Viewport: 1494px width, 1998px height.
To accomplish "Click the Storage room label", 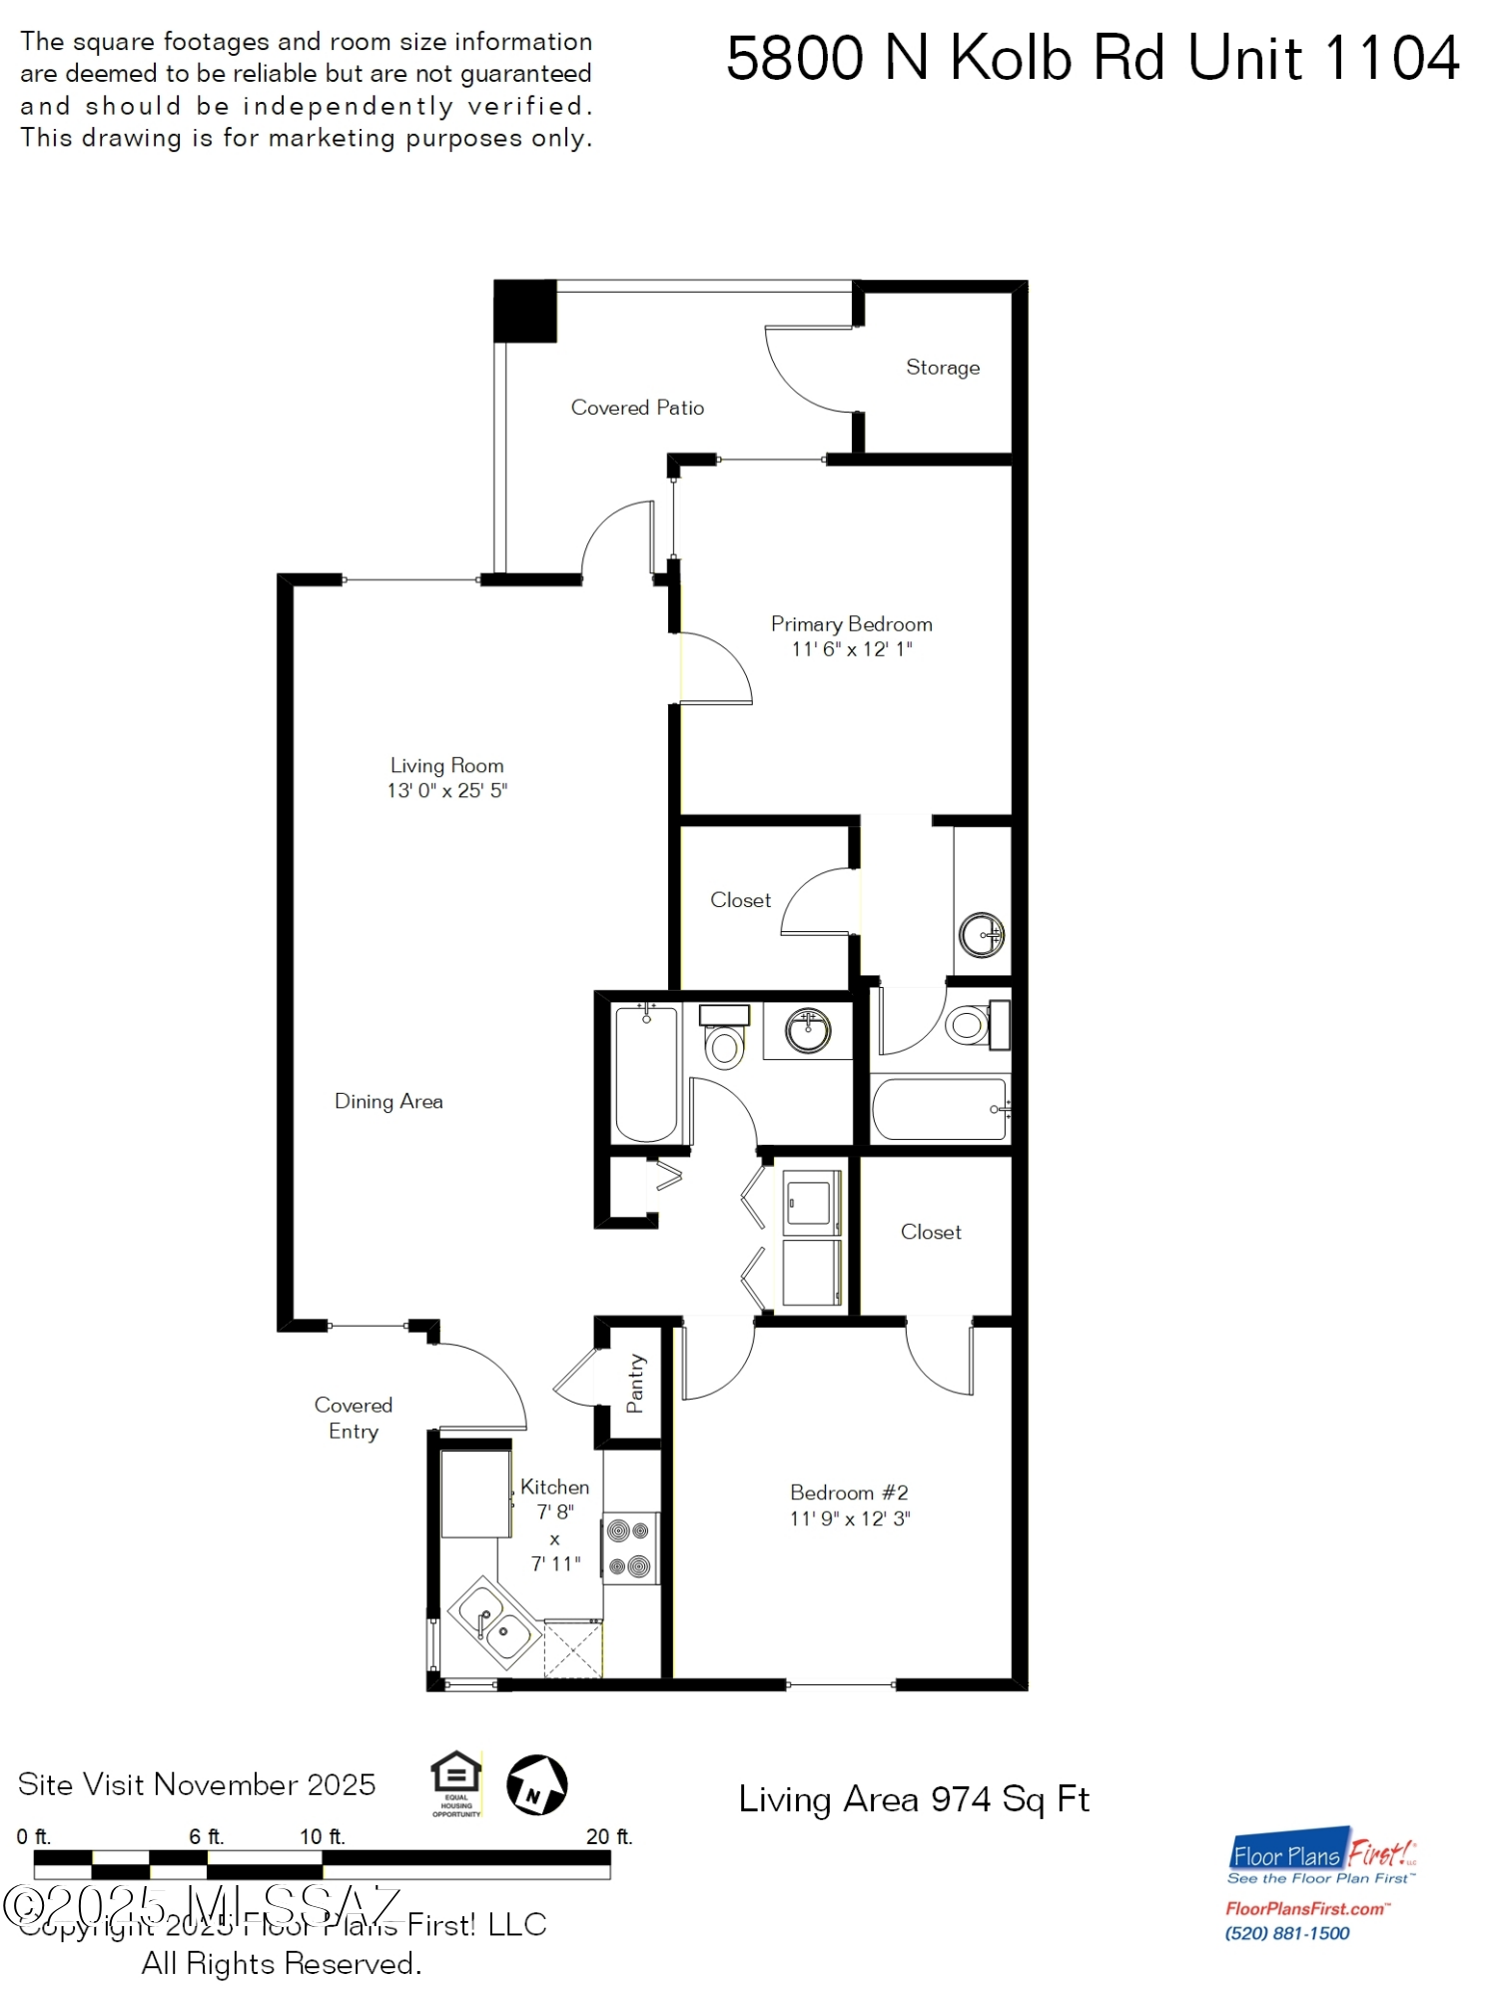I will [942, 368].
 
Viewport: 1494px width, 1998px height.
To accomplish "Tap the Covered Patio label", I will [637, 408].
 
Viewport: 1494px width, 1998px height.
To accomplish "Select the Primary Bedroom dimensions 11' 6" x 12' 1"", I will [851, 649].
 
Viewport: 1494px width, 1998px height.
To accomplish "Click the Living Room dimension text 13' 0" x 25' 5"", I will [447, 790].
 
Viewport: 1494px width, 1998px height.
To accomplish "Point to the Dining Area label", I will [388, 1101].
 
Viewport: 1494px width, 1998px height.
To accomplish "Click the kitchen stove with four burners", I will [629, 1547].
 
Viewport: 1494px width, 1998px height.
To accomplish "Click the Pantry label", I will [635, 1384].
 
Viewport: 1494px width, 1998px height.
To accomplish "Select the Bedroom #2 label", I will [849, 1493].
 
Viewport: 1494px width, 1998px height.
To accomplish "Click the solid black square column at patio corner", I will [524, 311].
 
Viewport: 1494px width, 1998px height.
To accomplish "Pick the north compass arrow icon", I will [536, 1784].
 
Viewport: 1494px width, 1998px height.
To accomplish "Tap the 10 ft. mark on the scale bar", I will [322, 1836].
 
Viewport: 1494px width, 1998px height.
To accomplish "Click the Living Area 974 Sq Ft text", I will [913, 1799].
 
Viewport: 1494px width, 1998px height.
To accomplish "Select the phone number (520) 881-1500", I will [1286, 1933].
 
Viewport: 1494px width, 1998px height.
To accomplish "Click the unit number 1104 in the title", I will [1390, 58].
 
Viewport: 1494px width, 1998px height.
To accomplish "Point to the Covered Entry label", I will [354, 1418].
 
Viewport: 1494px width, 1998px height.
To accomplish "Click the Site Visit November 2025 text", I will [197, 1784].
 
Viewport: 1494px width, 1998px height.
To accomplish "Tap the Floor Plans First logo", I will [1321, 1856].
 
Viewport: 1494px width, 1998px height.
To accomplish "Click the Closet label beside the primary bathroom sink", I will [740, 900].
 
